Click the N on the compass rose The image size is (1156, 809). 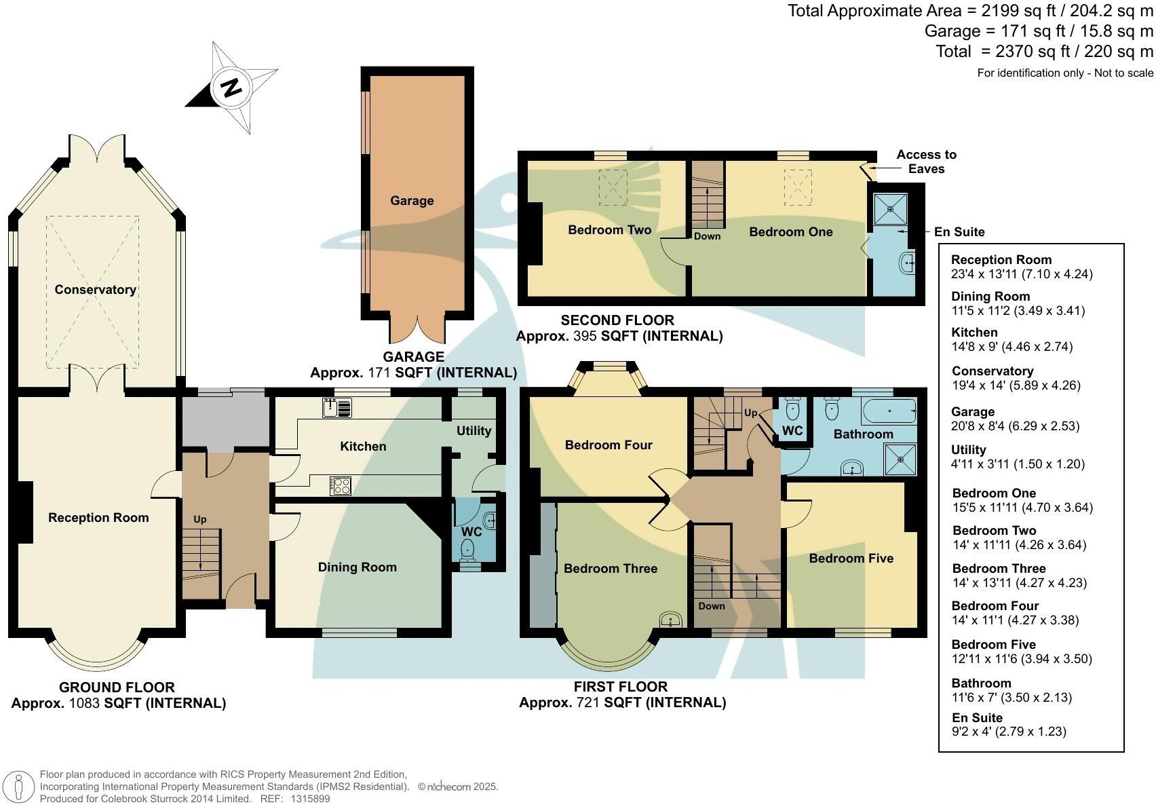[x=232, y=88]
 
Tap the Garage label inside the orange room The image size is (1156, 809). [x=412, y=201]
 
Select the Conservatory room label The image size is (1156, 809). [x=96, y=290]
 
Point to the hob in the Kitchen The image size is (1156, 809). [x=341, y=485]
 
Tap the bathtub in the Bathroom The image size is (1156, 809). [x=888, y=411]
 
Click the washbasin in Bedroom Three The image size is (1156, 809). [x=671, y=620]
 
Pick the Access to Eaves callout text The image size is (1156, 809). [x=926, y=162]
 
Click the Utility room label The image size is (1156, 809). [x=474, y=431]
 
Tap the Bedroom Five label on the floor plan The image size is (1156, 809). [x=851, y=559]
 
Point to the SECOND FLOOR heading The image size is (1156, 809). [x=617, y=320]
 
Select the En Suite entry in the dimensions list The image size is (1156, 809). [x=977, y=718]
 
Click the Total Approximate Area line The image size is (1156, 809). [x=969, y=11]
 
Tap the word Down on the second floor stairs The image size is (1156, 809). [x=707, y=236]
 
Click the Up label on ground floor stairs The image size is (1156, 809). [x=199, y=519]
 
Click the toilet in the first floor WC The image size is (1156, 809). [x=792, y=409]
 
